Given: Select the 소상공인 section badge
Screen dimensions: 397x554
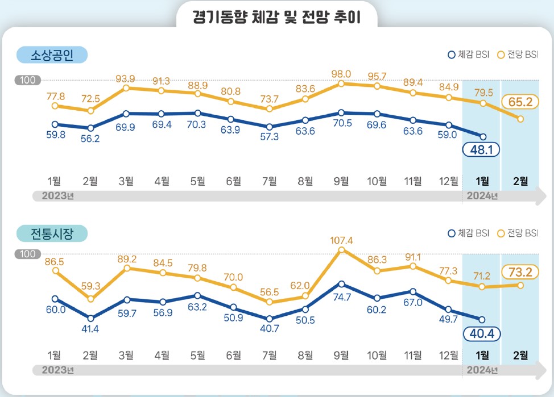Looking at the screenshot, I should pyautogui.click(x=52, y=55).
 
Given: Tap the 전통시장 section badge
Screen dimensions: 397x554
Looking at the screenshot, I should pyautogui.click(x=52, y=233).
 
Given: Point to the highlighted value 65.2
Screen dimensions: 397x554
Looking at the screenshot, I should pyautogui.click(x=520, y=102).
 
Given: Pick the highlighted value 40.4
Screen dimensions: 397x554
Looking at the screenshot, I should pyautogui.click(x=482, y=333).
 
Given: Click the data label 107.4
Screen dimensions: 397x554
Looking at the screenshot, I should pyautogui.click(x=341, y=240).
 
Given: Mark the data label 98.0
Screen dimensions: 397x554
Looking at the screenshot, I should pyautogui.click(x=341, y=73).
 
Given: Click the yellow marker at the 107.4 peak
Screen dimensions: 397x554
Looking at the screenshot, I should pyautogui.click(x=341, y=250).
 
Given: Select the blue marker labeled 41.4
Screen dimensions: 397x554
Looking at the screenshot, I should pyautogui.click(x=90, y=318).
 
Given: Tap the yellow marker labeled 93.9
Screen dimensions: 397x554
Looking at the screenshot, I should pyautogui.click(x=126, y=88).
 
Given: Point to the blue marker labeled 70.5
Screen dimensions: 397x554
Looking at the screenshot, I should pyautogui.click(x=341, y=113).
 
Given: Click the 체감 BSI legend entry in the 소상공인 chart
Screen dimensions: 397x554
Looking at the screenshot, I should pyautogui.click(x=469, y=55).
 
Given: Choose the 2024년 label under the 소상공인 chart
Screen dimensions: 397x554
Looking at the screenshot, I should pyautogui.click(x=482, y=197).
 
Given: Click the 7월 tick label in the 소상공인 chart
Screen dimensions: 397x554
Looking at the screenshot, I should pyautogui.click(x=270, y=181).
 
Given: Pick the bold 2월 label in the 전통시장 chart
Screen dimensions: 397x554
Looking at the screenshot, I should pyautogui.click(x=520, y=356).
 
